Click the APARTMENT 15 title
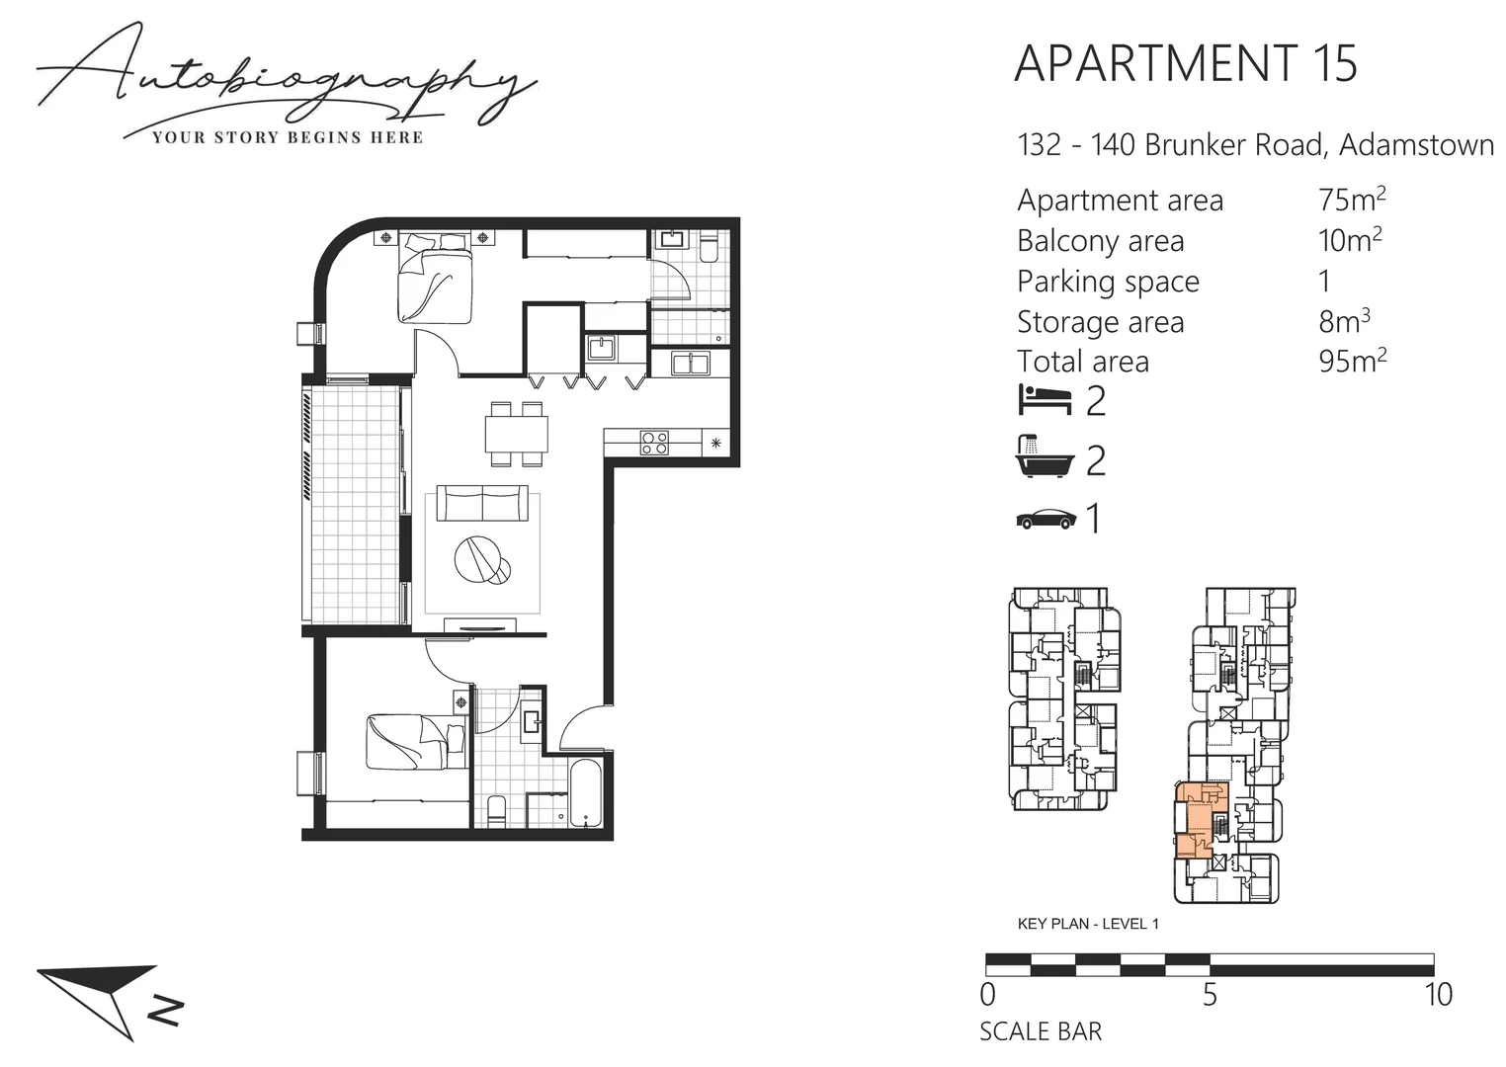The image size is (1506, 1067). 1186,63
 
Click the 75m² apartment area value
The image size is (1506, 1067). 1351,200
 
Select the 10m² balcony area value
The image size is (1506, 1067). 1349,240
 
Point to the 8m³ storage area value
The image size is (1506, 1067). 1344,321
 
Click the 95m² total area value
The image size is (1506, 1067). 1351,361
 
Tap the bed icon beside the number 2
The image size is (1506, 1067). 1045,400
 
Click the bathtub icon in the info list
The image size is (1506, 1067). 1045,457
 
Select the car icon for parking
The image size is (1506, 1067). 1046,519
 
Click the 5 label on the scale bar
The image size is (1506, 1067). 1210,994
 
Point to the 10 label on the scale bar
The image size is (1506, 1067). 1439,994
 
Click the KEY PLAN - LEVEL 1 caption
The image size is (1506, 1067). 1088,924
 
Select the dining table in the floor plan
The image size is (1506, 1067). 517,434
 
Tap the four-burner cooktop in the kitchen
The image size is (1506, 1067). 654,442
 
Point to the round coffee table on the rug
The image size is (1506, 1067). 480,560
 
